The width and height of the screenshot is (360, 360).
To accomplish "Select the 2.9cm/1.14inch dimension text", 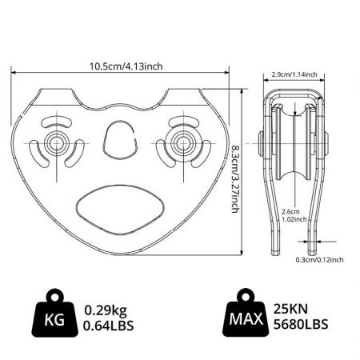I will coord(294,74).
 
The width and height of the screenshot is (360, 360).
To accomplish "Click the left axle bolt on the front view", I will coord(57,144).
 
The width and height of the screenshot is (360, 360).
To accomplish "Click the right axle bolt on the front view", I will coord(179,144).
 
